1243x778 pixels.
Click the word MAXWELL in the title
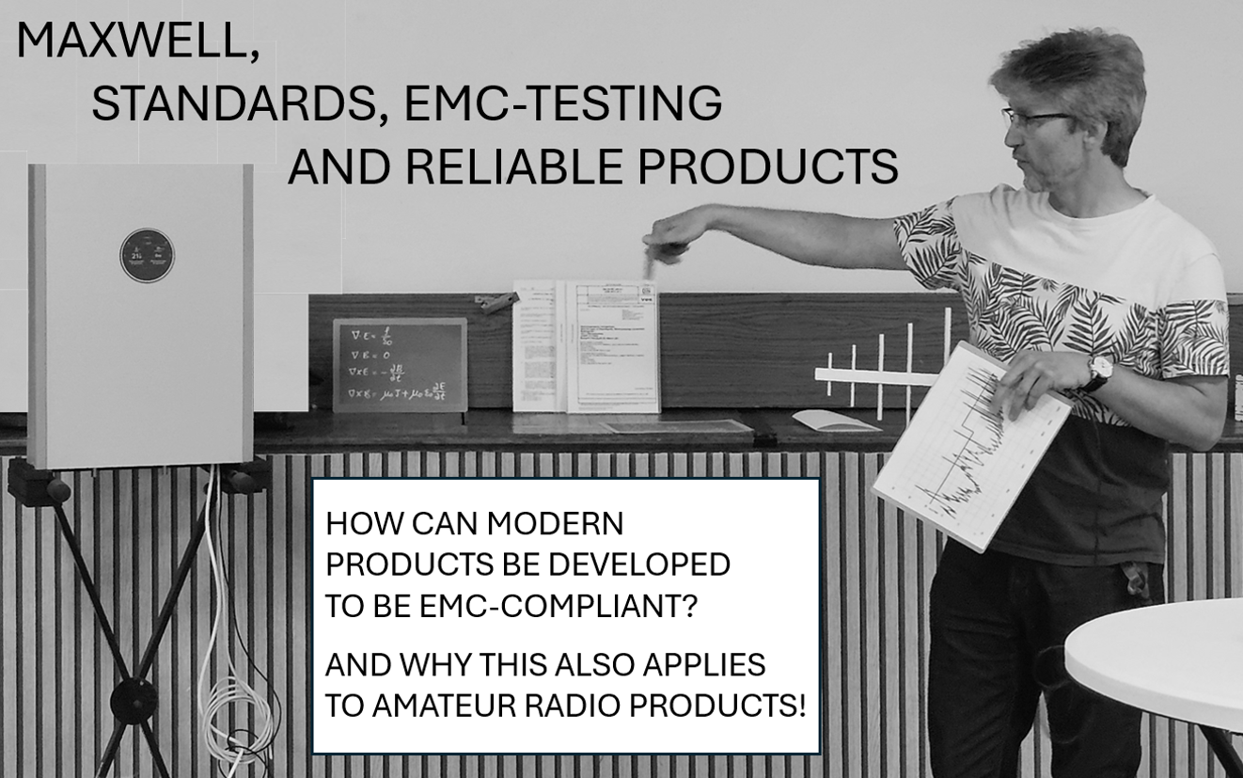coord(136,43)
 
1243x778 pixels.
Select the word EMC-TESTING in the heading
coord(562,104)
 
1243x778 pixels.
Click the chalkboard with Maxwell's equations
coord(400,365)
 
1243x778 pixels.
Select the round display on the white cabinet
coord(147,255)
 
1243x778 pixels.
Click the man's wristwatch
coord(1097,369)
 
